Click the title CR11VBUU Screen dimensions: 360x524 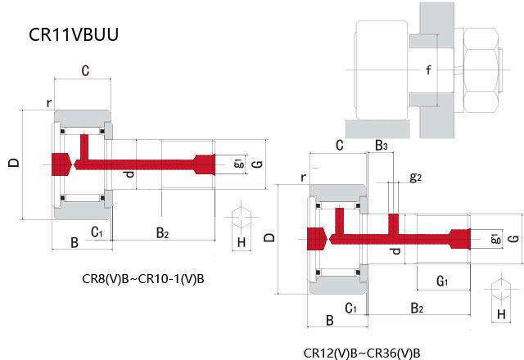tap(75, 35)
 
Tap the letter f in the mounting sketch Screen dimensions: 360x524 tap(427, 70)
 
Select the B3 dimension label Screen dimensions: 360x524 tap(382, 146)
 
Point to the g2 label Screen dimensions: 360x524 tap(415, 177)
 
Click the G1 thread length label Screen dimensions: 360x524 tap(441, 281)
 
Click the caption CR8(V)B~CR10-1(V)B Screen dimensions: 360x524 tap(144, 278)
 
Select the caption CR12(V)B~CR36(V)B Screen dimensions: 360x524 tap(361, 353)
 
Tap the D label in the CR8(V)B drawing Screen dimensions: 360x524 tap(13, 163)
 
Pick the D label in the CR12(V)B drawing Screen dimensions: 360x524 tap(270, 238)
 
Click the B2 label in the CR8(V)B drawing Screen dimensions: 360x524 tap(162, 234)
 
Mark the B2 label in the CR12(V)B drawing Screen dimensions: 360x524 tap(417, 308)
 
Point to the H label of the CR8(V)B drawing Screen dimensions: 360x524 tap(241, 242)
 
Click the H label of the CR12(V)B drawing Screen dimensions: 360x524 tap(501, 314)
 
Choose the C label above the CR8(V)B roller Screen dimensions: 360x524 tap(84, 71)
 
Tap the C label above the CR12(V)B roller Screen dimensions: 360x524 tap(338, 146)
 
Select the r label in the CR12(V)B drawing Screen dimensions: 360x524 tap(303, 177)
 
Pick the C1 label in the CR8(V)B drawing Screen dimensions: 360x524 tap(97, 232)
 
